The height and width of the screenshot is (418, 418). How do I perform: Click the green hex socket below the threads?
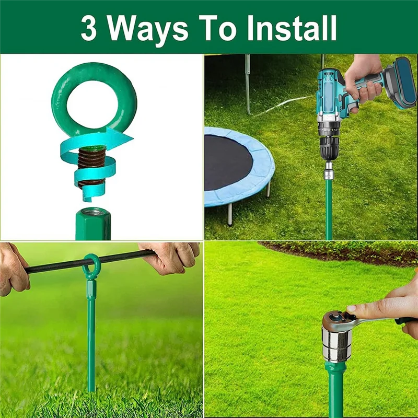[x=92, y=224]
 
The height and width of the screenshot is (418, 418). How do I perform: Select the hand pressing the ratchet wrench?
[x=387, y=308]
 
